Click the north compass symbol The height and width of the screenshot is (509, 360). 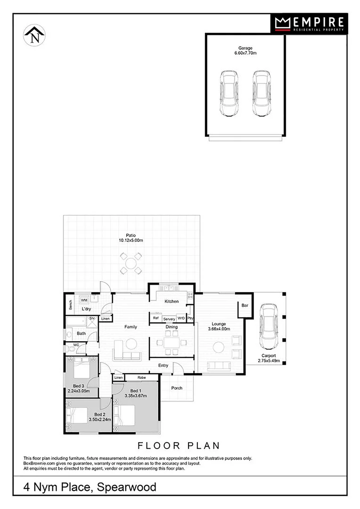pyautogui.click(x=34, y=36)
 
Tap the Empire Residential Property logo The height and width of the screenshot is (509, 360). pyautogui.click(x=309, y=24)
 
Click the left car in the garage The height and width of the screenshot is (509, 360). pyautogui.click(x=229, y=93)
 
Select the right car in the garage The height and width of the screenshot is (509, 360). pyautogui.click(x=261, y=93)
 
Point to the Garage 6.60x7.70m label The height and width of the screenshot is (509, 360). pyautogui.click(x=245, y=51)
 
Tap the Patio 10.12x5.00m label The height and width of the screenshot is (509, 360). pyautogui.click(x=131, y=238)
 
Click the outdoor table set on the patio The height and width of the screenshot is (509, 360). pyautogui.click(x=131, y=263)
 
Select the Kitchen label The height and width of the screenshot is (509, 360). pyautogui.click(x=171, y=301)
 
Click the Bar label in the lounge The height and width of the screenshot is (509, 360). pyautogui.click(x=245, y=305)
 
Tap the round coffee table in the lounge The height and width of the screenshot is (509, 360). pyautogui.click(x=219, y=348)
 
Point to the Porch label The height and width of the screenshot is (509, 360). pyautogui.click(x=176, y=388)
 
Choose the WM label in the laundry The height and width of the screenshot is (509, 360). pyautogui.click(x=84, y=300)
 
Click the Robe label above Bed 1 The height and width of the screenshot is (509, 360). pyautogui.click(x=141, y=378)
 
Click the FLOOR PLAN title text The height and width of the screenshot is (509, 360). pyautogui.click(x=179, y=445)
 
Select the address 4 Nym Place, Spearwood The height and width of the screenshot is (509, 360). pyautogui.click(x=90, y=487)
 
